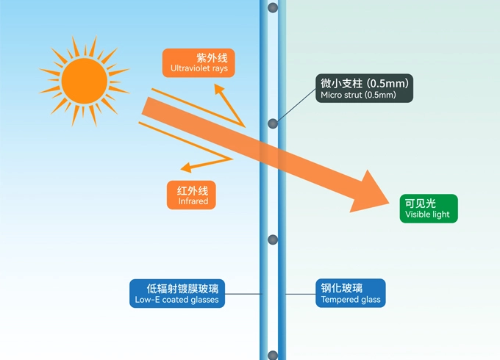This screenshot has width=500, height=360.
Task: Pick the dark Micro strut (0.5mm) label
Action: (x=365, y=88)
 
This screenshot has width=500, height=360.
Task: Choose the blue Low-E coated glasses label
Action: (x=176, y=293)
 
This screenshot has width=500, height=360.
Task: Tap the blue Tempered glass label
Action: (x=351, y=293)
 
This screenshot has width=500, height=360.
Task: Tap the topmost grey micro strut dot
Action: (x=273, y=8)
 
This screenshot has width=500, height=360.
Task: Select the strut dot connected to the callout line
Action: (x=273, y=123)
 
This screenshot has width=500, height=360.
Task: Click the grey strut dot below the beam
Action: (x=273, y=240)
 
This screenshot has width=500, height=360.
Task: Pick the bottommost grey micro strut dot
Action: (x=273, y=356)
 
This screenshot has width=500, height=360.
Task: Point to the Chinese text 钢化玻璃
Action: (x=342, y=287)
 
